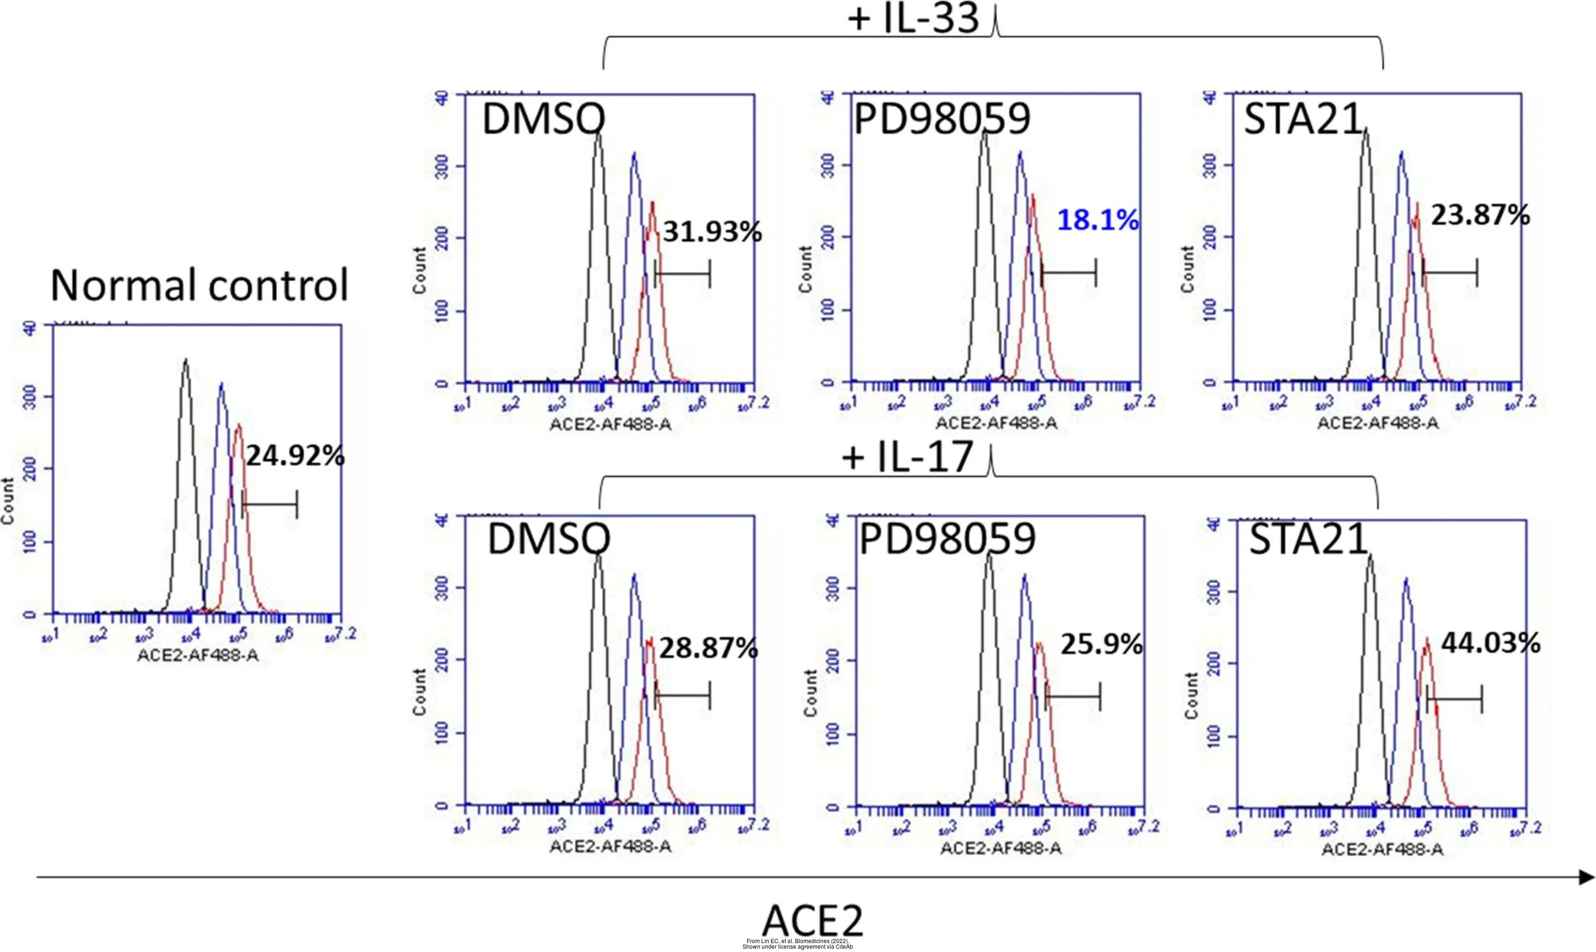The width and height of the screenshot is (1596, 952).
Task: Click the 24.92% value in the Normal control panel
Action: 295,456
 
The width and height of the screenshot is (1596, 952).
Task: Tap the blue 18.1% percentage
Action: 1098,220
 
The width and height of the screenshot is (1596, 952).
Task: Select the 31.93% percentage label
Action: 712,232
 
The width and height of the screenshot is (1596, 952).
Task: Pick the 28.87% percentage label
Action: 709,648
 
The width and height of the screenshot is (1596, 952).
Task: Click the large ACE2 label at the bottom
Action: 812,921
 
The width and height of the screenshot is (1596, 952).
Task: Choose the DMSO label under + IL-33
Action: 543,120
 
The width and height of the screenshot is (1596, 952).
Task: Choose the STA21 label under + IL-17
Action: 1308,539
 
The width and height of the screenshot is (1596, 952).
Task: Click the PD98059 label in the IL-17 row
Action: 947,539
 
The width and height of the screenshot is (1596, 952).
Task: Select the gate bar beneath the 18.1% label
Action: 1069,273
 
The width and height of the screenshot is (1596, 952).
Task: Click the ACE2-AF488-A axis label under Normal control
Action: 198,656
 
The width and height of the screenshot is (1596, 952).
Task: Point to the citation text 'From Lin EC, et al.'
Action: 797,941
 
